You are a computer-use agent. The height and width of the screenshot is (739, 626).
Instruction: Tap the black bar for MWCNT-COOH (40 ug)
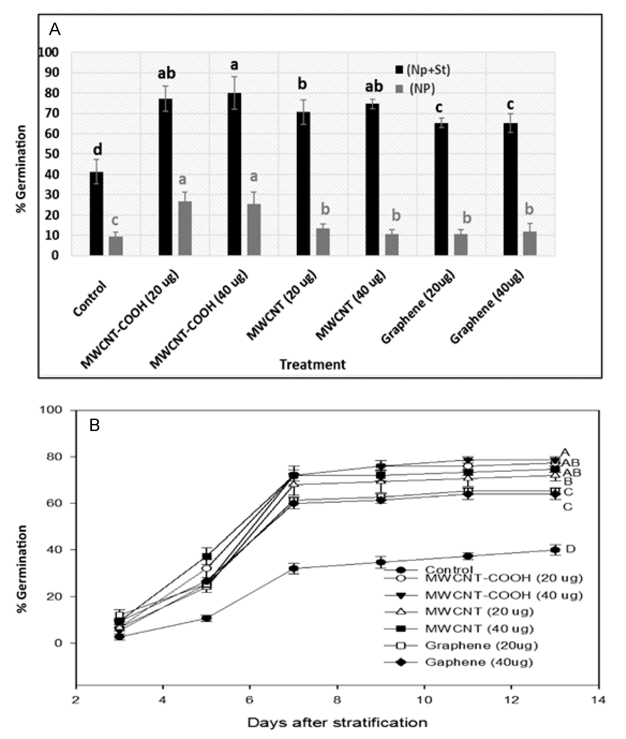point(234,174)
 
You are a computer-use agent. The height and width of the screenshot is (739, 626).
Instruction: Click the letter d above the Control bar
point(97,150)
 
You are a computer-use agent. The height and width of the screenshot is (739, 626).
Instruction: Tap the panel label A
point(55,29)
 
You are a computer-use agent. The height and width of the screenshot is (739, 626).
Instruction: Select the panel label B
point(94,425)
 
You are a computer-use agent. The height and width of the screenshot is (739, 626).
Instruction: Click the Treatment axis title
point(312,365)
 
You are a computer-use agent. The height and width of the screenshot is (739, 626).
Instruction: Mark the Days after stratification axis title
point(337,722)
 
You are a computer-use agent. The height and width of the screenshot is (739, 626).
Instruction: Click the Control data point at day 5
point(207,618)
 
